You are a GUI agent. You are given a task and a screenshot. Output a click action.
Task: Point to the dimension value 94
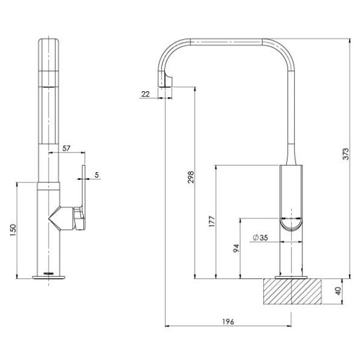pos(236,247)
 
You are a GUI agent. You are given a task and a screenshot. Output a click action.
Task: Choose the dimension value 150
pos(14,230)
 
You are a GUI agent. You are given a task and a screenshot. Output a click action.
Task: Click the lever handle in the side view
pos(291,198)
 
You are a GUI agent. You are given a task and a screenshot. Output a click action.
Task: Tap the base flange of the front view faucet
pos(49,278)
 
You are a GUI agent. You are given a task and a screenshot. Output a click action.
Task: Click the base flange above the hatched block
pos(291,277)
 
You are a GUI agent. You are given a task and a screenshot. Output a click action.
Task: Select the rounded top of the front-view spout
pos(49,43)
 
